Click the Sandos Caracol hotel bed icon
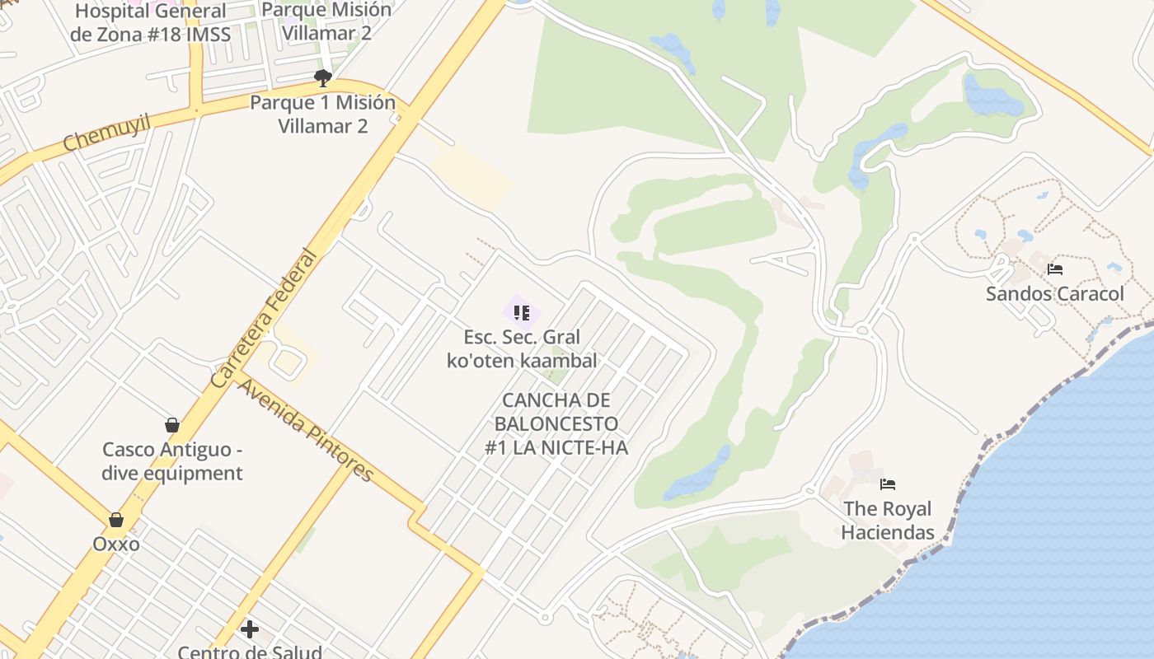pos(1054,269)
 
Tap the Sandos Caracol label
pos(1054,294)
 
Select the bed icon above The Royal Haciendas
pos(887,484)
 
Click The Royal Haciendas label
pos(887,520)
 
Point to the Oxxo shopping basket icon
pos(116,520)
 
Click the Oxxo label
pos(116,544)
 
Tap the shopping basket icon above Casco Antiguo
pos(172,425)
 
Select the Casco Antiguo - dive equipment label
pos(172,461)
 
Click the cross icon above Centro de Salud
pos(250,629)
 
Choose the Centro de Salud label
pos(250,652)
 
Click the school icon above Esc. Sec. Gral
pos(522,312)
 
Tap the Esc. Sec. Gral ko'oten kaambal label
pos(522,348)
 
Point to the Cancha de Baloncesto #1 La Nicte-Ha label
pos(556,423)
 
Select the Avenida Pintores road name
pos(306,429)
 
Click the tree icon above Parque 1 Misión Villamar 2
pos(323,78)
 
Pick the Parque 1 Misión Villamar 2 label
pos(323,115)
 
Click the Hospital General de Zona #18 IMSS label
pos(150,22)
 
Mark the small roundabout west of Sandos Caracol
pos(913,239)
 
